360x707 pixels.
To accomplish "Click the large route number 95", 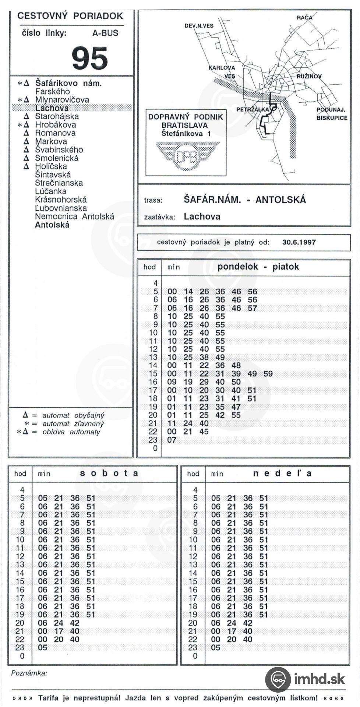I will [x=90, y=58].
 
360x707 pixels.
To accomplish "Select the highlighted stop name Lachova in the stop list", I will [x=52, y=108].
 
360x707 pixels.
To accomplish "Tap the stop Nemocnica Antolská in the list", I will [x=74, y=217].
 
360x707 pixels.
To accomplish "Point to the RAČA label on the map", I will [x=304, y=17].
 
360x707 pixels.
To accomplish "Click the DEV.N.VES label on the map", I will [x=199, y=26].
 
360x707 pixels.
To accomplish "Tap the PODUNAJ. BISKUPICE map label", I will [x=331, y=114].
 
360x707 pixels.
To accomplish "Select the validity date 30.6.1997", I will [x=299, y=242].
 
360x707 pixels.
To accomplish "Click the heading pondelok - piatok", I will [x=258, y=267].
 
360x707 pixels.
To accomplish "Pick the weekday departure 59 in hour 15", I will [x=268, y=374].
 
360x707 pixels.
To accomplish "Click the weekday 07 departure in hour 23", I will [x=172, y=440].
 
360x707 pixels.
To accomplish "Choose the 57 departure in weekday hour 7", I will [x=252, y=308].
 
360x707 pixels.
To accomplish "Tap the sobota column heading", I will [x=109, y=473].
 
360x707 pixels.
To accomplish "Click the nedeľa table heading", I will [x=282, y=473].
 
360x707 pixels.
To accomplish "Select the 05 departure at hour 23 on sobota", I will [x=43, y=647].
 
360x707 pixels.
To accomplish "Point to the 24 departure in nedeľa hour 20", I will [x=232, y=623].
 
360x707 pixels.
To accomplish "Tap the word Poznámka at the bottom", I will [x=29, y=673].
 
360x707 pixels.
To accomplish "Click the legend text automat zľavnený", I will [x=73, y=424].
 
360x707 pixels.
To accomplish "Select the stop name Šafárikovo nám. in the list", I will [x=68, y=83].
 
